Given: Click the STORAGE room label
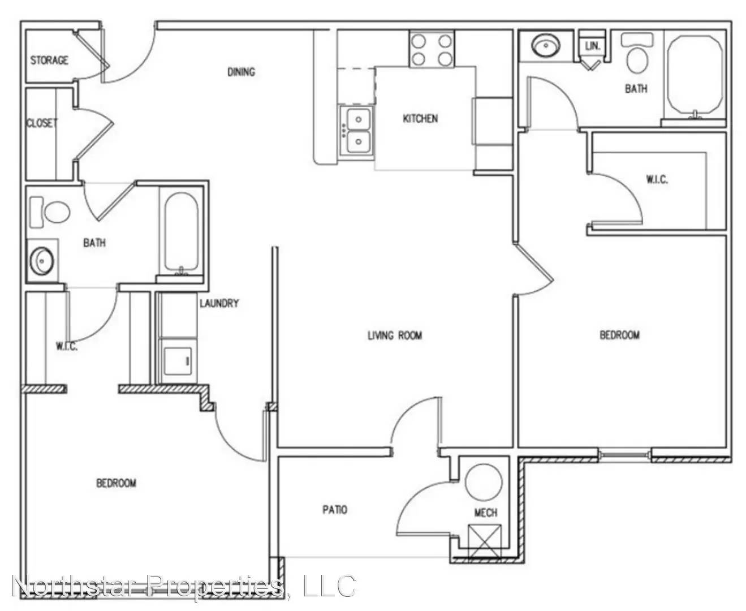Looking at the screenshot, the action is click(x=49, y=61).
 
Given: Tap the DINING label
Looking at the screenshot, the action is click(x=241, y=72).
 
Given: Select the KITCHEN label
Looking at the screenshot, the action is click(x=420, y=118).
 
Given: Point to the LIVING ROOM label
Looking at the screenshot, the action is click(x=395, y=335).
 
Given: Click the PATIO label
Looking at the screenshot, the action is click(x=335, y=510).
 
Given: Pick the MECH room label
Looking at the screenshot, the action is click(x=486, y=513).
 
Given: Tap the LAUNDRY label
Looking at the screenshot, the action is click(x=219, y=303).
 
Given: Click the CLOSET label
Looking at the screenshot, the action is click(x=42, y=123).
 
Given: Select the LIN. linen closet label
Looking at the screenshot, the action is click(x=593, y=46).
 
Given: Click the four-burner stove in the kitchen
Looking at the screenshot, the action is click(x=432, y=49).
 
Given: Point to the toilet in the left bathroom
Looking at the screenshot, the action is click(x=50, y=212).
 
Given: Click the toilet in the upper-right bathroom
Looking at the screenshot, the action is click(x=637, y=53).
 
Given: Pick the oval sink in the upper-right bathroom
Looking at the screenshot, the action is click(x=546, y=46).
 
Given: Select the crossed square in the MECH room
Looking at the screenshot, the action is click(x=485, y=541).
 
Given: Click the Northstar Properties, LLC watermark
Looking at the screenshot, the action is click(x=184, y=586).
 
